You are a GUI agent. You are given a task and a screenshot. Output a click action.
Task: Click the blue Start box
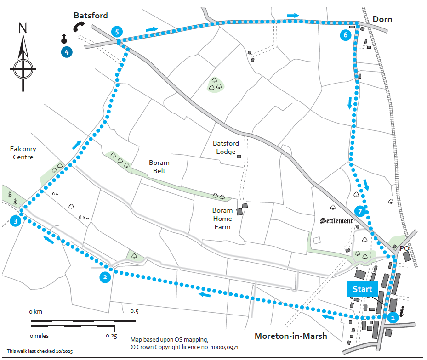click(x=362, y=289)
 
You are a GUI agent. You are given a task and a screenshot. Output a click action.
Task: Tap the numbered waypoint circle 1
click(x=392, y=317)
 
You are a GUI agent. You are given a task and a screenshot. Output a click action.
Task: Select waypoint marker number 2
click(x=105, y=277)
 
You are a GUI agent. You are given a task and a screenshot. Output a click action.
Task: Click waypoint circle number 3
click(x=16, y=221)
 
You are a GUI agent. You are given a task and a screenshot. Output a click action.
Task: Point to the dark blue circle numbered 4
click(x=67, y=52)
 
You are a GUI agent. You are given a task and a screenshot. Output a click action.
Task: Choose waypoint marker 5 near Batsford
click(x=117, y=32)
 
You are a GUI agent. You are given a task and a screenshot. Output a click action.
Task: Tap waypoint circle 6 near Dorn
click(x=345, y=35)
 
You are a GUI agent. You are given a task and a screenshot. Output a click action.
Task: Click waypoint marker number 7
click(x=360, y=211)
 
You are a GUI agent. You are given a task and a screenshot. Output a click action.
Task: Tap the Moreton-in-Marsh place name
click(x=291, y=336)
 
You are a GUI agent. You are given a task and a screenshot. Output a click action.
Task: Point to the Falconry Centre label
click(x=23, y=153)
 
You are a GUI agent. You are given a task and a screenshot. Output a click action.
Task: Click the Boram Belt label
click(x=159, y=166)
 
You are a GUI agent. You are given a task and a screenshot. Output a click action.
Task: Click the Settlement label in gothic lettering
click(x=336, y=221)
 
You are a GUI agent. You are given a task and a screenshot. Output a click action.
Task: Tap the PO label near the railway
click(x=404, y=248)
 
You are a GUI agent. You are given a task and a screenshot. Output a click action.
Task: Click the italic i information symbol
click(x=402, y=313)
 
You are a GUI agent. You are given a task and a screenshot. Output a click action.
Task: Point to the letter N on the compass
click(x=23, y=28)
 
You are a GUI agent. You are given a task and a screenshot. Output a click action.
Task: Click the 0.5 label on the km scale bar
click(x=134, y=311)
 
